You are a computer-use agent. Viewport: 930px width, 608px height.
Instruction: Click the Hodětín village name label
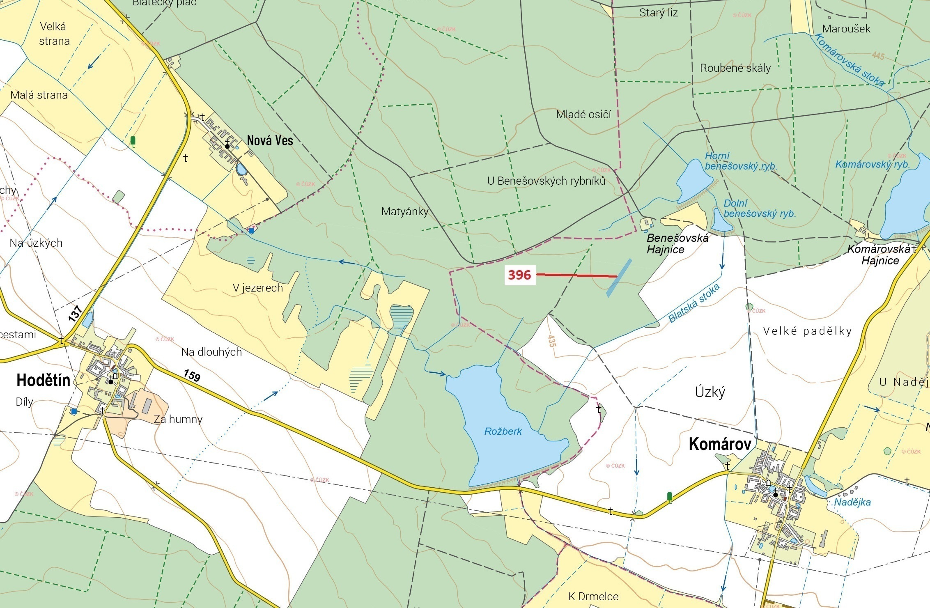pos(43,381)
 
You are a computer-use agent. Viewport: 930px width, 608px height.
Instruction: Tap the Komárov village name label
pos(720,444)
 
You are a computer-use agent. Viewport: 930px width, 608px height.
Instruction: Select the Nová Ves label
pos(270,140)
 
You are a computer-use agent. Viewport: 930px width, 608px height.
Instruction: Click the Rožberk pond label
pos(503,431)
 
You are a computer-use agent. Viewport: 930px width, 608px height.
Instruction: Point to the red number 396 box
pos(519,275)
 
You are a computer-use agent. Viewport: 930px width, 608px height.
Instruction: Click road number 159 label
pos(192,375)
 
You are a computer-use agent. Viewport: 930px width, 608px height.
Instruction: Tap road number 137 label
pos(75,313)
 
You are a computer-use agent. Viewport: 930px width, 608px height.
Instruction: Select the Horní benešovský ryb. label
pos(740,161)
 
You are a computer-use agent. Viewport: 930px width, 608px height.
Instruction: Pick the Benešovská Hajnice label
pos(677,243)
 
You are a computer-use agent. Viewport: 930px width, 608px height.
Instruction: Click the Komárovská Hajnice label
pos(879,255)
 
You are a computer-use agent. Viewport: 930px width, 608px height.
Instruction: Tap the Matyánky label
pos(404,211)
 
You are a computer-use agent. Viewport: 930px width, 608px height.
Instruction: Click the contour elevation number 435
pos(551,341)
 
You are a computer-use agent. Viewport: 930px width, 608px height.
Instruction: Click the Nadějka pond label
pos(852,502)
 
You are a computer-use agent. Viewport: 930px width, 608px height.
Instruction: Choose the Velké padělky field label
pos(807,331)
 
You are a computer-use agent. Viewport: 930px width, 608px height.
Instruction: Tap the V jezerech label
pos(258,288)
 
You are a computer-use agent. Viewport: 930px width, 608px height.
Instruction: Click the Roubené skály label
pos(735,68)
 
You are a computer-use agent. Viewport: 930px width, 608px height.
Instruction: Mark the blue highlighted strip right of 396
pos(619,278)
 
